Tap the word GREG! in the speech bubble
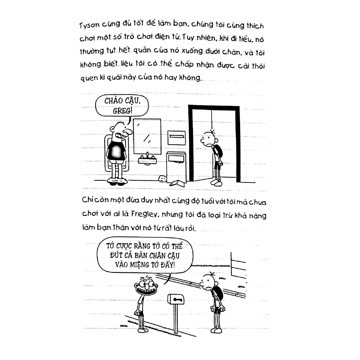tap(122, 111)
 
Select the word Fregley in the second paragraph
tap(144, 214)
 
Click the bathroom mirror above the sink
tap(147, 136)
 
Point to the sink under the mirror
tap(147, 160)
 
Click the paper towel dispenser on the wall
tap(176, 137)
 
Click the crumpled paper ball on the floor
tap(162, 178)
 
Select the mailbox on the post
tap(176, 299)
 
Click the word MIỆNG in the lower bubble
tap(140, 264)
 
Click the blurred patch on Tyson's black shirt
tap(116, 152)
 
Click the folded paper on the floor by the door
tap(177, 183)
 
